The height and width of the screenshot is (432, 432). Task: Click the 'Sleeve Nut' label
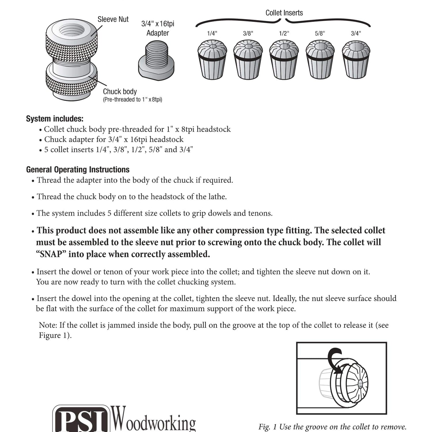click(113, 19)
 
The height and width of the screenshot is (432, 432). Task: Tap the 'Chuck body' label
click(120, 92)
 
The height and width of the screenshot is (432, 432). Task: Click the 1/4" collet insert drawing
click(212, 60)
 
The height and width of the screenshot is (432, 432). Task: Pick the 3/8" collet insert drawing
click(248, 60)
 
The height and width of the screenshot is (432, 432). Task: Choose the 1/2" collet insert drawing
click(284, 60)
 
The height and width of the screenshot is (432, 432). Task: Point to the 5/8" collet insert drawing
click(320, 60)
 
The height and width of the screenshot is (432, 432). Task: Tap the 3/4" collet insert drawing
click(356, 60)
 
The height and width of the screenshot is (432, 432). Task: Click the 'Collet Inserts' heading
click(284, 13)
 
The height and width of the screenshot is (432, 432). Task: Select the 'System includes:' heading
click(55, 119)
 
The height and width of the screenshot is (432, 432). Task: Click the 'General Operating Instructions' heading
click(78, 169)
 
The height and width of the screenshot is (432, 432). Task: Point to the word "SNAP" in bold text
click(51, 254)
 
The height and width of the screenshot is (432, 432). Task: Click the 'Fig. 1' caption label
click(268, 427)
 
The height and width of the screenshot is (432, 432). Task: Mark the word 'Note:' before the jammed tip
click(48, 325)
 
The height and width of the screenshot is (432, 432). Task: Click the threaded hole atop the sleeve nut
click(72, 29)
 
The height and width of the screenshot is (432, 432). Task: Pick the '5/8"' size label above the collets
click(320, 33)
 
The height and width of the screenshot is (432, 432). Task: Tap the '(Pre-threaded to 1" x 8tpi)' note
click(132, 100)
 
